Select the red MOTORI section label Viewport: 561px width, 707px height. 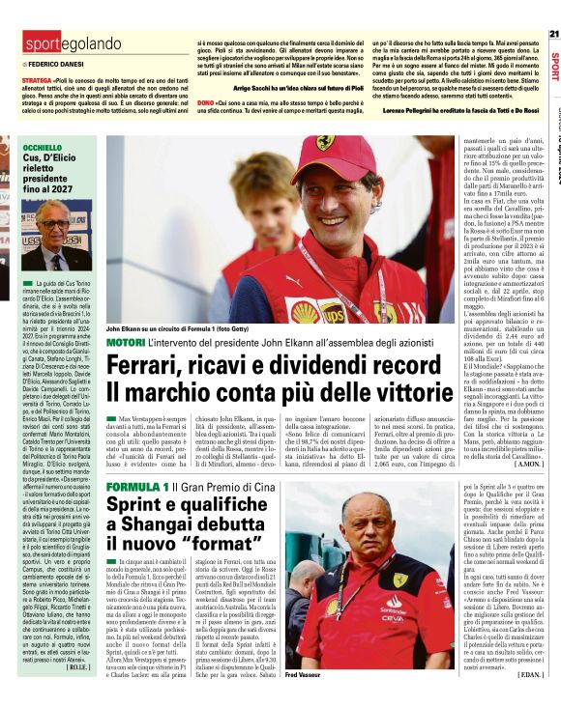125,343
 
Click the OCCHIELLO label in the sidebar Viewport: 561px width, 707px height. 43,148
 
